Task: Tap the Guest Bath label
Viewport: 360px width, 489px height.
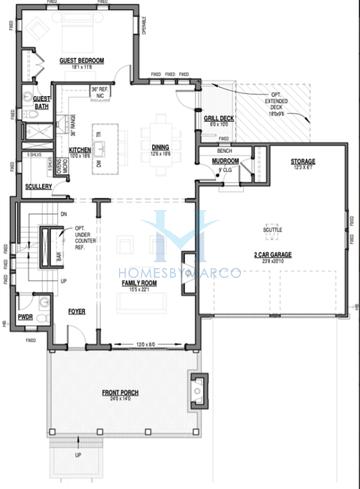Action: (42, 100)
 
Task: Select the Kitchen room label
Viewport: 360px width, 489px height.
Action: (80, 151)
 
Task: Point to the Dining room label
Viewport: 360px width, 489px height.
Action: (160, 145)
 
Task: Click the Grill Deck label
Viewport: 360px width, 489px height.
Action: (219, 118)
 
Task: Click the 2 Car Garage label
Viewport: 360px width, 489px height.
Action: (272, 256)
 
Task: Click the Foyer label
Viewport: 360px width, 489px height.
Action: (76, 311)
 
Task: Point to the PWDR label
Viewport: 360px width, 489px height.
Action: (25, 317)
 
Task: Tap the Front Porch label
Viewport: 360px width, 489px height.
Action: (120, 393)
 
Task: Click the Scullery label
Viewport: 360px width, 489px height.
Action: (39, 186)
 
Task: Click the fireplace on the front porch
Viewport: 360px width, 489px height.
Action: (198, 387)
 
